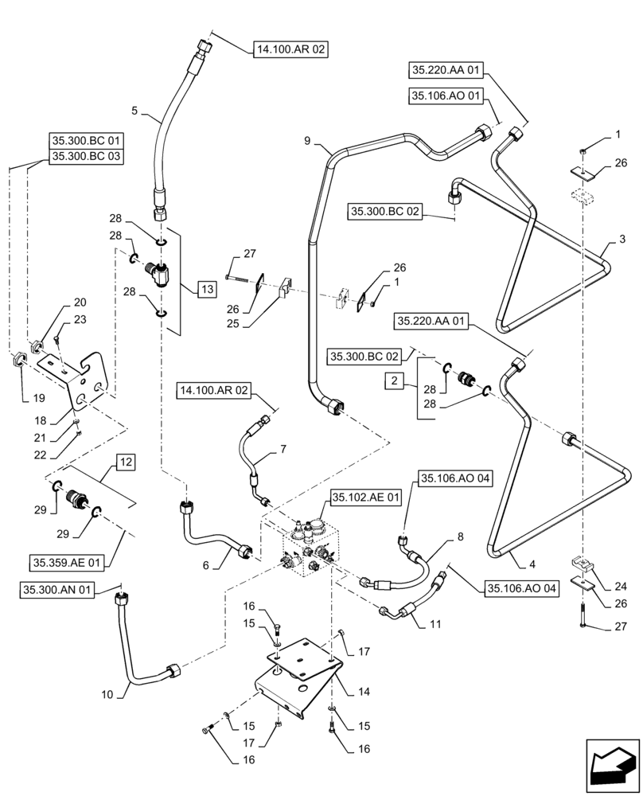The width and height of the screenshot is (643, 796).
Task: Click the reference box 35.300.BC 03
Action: [x=86, y=157]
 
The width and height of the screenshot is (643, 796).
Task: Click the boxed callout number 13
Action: [x=205, y=290]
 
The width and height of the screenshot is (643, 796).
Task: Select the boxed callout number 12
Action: [x=126, y=461]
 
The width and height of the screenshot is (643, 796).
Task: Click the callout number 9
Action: [x=308, y=142]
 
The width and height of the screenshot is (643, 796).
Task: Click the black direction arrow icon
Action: [x=612, y=765]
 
